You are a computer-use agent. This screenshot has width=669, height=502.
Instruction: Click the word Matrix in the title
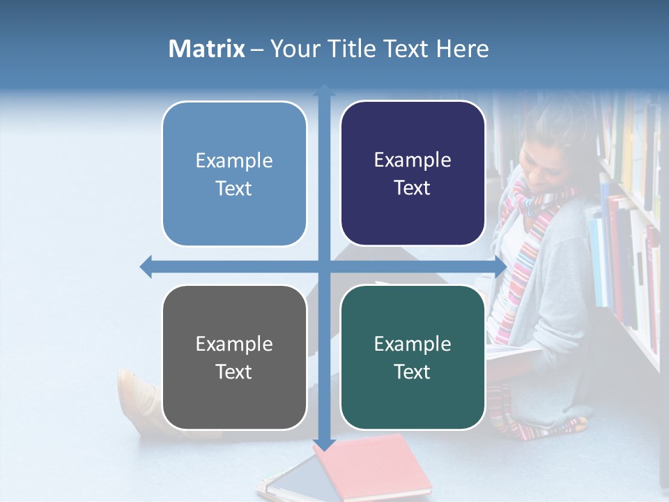206,49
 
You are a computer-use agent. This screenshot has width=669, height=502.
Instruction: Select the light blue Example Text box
234,174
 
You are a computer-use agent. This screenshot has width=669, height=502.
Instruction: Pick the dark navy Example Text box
413,174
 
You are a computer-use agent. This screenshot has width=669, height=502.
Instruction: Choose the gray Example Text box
234,357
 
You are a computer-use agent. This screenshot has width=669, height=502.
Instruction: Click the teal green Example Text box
413,357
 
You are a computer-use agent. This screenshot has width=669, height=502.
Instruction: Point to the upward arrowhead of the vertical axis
324,90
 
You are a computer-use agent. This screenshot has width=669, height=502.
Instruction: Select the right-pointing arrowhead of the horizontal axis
500,266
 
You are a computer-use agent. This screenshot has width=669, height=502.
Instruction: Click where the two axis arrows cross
324,266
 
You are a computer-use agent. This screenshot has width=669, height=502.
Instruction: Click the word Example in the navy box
413,160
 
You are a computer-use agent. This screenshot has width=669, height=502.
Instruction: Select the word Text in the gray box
234,372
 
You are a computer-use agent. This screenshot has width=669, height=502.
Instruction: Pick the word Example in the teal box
413,344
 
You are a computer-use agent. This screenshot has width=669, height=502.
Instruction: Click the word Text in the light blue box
234,188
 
